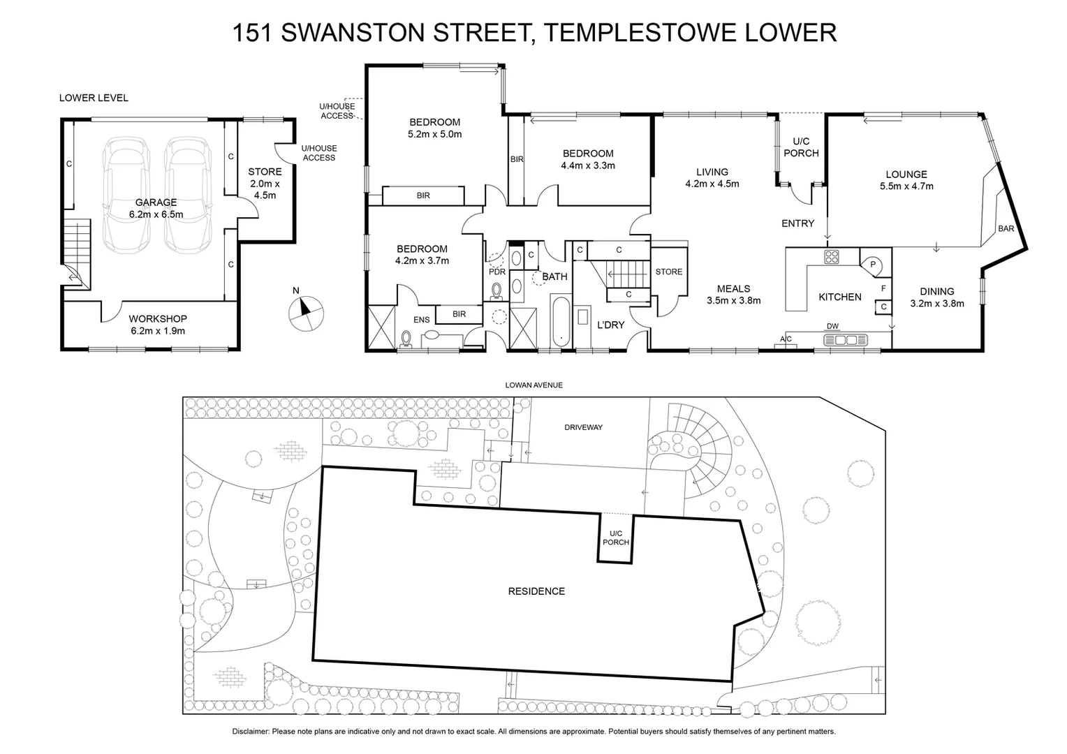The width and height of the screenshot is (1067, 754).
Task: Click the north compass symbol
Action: click(305, 312)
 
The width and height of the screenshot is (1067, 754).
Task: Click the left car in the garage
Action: click(126, 194)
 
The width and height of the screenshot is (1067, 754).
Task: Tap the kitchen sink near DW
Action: click(846, 340)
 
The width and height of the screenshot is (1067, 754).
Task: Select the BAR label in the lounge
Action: click(1006, 228)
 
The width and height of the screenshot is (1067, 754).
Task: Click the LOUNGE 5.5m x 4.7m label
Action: click(906, 180)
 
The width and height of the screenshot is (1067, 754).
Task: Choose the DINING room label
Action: click(936, 292)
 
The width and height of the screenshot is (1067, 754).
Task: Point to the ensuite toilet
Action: click(406, 339)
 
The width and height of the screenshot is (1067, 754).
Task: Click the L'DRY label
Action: click(610, 325)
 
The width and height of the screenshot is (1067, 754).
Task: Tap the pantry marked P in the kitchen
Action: click(873, 264)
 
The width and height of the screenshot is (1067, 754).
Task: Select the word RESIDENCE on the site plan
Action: click(536, 591)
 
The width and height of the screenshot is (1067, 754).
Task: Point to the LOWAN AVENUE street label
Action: click(535, 385)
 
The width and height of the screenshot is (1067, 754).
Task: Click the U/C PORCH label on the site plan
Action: click(615, 538)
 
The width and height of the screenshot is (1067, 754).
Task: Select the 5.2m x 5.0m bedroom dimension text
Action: click(434, 134)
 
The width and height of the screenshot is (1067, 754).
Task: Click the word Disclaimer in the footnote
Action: click(251, 732)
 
